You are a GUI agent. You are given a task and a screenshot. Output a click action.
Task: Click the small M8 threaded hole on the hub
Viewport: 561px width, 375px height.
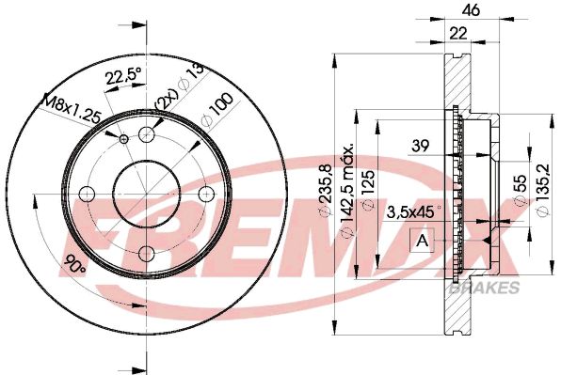click(124, 139)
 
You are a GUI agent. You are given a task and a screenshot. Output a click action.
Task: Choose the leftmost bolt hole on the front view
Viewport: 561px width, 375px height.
click(87, 194)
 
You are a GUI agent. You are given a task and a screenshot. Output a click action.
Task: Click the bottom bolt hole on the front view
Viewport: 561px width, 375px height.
click(146, 253)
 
